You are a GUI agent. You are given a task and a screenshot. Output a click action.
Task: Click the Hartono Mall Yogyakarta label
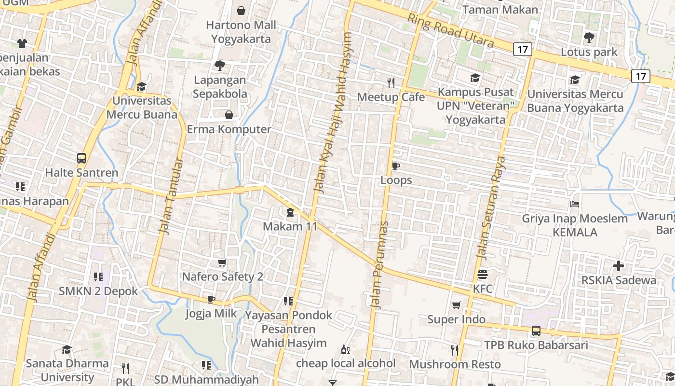click(x=241, y=32)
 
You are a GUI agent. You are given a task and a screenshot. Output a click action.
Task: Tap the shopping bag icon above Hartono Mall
click(x=241, y=10)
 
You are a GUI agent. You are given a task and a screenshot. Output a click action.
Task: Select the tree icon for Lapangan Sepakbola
click(x=219, y=65)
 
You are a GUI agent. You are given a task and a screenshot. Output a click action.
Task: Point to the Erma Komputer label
click(x=229, y=129)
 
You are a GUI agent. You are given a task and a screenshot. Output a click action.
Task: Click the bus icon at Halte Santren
click(x=81, y=158)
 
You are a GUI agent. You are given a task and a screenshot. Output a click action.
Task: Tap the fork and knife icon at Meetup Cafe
click(x=391, y=83)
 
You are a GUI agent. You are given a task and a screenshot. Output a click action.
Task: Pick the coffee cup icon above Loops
click(x=396, y=166)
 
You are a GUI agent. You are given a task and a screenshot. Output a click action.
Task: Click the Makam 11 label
click(x=290, y=226)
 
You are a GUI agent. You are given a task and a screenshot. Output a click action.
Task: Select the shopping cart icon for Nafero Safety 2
click(x=222, y=263)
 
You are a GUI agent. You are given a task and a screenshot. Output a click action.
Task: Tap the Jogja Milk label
click(x=211, y=314)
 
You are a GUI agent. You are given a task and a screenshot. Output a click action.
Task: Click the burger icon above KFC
click(x=483, y=275)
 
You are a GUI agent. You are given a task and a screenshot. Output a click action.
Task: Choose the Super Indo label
click(x=456, y=319)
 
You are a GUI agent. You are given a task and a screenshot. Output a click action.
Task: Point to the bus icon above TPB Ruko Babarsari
click(x=536, y=331)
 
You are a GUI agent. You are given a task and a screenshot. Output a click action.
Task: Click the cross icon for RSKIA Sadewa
click(x=619, y=265)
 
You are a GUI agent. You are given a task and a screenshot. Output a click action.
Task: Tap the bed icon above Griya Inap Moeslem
click(x=574, y=204)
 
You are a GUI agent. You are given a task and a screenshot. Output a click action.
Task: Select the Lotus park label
click(x=589, y=52)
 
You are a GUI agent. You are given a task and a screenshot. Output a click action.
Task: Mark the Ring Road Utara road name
click(x=450, y=30)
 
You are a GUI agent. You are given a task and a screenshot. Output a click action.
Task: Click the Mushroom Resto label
click(x=455, y=364)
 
